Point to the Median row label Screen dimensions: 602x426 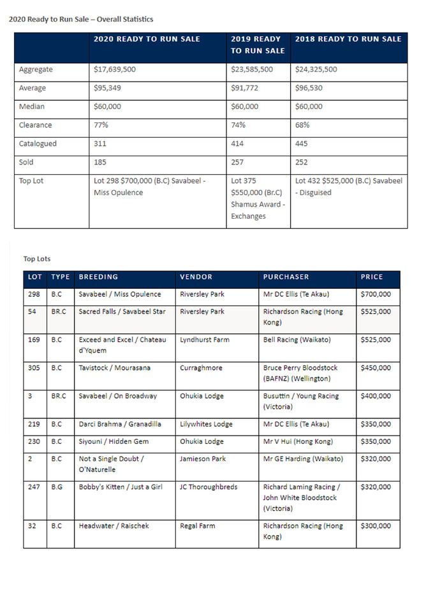click(x=32, y=106)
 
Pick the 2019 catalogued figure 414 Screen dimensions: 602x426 click(x=239, y=143)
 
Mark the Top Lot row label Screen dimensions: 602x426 click(x=31, y=180)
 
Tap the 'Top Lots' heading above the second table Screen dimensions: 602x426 click(x=37, y=259)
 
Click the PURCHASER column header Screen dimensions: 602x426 click(x=286, y=277)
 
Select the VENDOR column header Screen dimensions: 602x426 click(x=196, y=277)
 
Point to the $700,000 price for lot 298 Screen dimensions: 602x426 click(x=376, y=295)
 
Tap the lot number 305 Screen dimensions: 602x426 click(x=34, y=368)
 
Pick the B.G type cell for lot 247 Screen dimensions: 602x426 click(x=57, y=487)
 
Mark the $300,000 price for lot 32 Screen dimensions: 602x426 click(x=376, y=526)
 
